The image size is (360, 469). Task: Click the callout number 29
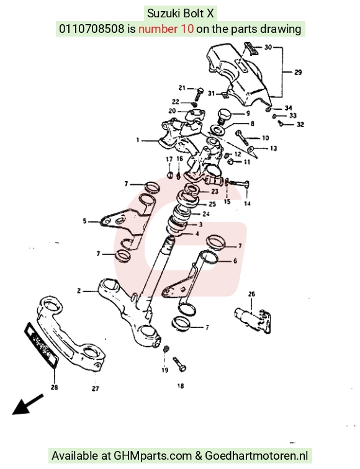point(298,72)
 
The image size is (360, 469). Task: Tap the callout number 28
point(54,387)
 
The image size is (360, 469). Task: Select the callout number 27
point(95,388)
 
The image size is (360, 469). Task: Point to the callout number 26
point(251,294)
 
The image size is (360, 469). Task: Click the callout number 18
point(181,386)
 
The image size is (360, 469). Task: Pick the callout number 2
point(79,290)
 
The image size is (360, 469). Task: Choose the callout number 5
point(84,221)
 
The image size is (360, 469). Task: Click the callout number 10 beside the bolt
point(266,138)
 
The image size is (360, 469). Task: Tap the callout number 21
point(182,87)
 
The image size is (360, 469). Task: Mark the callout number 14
point(247,203)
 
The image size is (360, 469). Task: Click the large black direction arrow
point(27,404)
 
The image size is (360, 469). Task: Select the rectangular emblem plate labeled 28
point(42,344)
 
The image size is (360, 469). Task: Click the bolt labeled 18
point(179,364)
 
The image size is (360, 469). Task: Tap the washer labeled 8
point(218,130)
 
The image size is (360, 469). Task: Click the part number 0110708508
point(92,29)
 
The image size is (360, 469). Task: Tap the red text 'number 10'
point(166,29)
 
